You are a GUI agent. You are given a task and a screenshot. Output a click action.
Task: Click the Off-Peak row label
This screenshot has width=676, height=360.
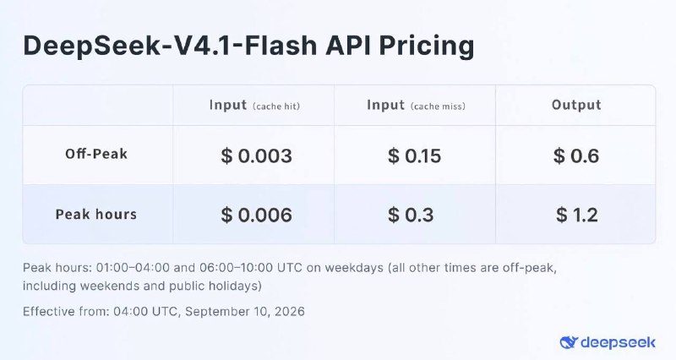[x=96, y=154]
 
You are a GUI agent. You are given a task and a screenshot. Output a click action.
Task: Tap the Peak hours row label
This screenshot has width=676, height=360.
[x=96, y=215]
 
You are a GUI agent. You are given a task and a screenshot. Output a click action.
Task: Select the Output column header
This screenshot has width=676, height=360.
[x=576, y=105]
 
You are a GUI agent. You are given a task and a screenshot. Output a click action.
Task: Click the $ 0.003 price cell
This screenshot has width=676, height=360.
[x=257, y=155]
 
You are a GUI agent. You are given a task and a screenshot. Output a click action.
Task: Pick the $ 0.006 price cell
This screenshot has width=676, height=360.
[x=257, y=215]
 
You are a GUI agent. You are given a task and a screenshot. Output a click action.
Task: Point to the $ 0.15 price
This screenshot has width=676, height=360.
[x=414, y=155]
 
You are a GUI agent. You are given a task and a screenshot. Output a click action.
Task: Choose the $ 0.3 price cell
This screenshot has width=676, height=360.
[x=411, y=215]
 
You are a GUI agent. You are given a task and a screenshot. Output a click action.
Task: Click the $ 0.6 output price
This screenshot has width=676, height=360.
[x=576, y=155]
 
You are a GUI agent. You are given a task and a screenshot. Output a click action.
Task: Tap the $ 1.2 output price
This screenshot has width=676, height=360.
[x=577, y=215]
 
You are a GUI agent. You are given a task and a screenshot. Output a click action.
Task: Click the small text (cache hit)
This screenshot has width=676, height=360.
[x=276, y=106]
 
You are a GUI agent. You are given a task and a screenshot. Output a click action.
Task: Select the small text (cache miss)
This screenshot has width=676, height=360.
[x=438, y=106]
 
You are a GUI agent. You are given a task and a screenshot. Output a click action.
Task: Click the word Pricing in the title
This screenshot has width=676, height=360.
[x=427, y=46]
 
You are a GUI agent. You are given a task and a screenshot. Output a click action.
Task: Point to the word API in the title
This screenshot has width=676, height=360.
[x=348, y=45]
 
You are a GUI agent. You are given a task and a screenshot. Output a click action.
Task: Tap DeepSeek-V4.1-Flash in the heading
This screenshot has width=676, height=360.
[x=171, y=45]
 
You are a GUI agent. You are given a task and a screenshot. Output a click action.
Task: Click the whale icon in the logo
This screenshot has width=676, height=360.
[x=569, y=343]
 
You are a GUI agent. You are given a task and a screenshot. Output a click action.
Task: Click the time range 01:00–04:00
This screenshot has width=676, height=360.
[x=133, y=268]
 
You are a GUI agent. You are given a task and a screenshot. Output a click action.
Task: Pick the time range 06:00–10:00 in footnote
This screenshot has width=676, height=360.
[x=236, y=268]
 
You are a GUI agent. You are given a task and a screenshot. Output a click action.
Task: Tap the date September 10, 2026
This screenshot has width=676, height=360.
[x=245, y=311]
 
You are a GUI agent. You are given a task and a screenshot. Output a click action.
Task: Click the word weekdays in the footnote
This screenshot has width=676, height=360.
[x=354, y=268]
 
